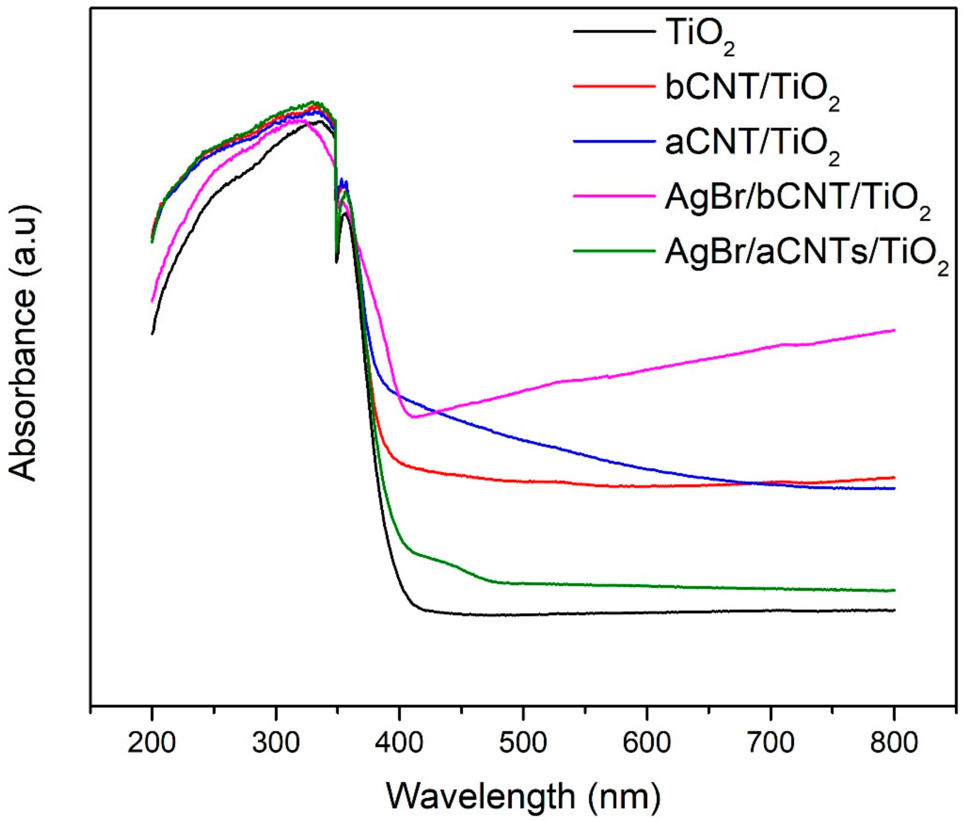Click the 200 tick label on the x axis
pos(152,744)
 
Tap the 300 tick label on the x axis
pos(276,744)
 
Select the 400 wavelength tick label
pos(399,744)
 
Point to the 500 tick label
pos(523,744)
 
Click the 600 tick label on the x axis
pos(647,744)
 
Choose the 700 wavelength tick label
pos(771,744)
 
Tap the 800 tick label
pos(894,744)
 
